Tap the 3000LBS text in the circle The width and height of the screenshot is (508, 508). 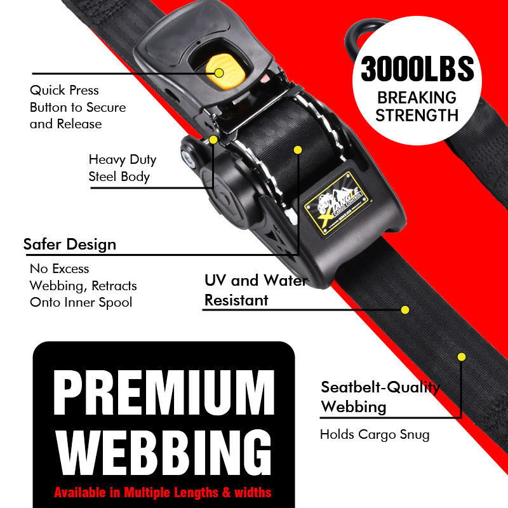pos(417,69)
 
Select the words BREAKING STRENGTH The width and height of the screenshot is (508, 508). pos(417,106)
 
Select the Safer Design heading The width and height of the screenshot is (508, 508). pos(70,244)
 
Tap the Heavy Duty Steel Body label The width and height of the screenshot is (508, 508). pos(122,168)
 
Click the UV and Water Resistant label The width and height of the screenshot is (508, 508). pos(256,290)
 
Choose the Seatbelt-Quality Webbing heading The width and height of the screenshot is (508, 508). pos(380,396)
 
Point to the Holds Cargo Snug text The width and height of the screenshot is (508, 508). pos(375,435)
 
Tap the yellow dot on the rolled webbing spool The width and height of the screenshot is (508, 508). pos(297,150)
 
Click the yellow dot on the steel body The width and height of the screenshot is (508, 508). pos(213,139)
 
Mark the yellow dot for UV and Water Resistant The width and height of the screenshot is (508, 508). pos(404,310)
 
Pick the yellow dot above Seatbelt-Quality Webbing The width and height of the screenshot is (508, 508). pos(462,356)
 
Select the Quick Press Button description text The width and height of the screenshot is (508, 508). pos(77,107)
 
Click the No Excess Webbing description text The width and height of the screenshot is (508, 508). pos(83,285)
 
